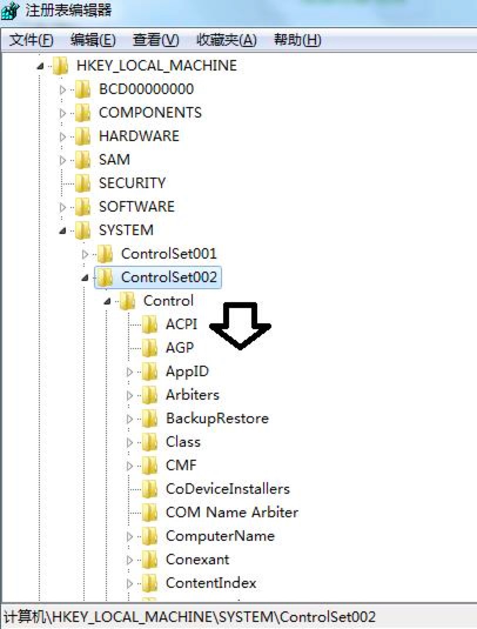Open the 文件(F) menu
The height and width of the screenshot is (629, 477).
click(32, 41)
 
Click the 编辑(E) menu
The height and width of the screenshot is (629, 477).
click(93, 41)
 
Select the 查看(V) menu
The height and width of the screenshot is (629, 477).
click(156, 41)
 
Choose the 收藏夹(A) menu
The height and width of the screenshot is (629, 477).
click(227, 41)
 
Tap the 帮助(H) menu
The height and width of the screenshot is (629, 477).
click(298, 41)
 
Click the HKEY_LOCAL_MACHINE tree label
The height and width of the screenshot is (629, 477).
click(156, 65)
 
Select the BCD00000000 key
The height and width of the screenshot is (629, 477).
click(146, 89)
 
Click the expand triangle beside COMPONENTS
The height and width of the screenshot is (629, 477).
click(63, 113)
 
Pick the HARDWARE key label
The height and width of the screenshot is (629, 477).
click(139, 136)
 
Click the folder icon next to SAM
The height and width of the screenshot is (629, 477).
click(83, 159)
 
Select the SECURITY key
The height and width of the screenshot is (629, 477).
click(132, 183)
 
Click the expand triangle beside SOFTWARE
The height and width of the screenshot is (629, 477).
click(63, 207)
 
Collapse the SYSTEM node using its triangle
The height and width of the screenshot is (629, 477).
click(63, 230)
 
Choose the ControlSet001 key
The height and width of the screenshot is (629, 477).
click(169, 253)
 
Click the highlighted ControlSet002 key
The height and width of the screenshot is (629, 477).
click(169, 277)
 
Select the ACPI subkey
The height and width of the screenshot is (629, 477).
click(181, 324)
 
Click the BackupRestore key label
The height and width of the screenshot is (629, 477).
click(217, 418)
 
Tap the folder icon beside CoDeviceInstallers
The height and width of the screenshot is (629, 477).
click(150, 489)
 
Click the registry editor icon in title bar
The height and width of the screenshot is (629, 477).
click(11, 11)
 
